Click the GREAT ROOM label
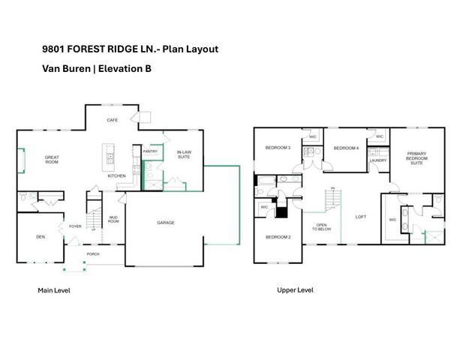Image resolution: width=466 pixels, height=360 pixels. (51, 160)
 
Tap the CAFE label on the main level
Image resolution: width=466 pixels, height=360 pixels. (113, 120)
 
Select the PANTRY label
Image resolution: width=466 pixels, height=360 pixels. (149, 151)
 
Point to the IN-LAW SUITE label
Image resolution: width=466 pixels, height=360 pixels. (184, 156)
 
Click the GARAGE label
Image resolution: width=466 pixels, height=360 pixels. (166, 223)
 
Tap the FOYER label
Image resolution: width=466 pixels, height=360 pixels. (76, 226)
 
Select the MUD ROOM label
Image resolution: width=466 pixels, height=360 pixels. (113, 220)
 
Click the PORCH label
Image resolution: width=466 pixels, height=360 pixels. (93, 253)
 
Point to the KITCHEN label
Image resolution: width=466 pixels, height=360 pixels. (116, 175)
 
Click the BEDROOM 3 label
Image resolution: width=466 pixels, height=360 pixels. (278, 147)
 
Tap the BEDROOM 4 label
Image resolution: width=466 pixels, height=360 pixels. (346, 148)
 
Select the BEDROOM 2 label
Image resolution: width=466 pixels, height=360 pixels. (278, 237)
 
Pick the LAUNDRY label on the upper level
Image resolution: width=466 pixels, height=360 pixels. (378, 160)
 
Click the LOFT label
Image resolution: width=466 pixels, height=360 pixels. (360, 217)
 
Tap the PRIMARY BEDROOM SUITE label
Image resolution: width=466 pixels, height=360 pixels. (417, 159)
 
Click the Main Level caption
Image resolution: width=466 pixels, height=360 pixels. (54, 289)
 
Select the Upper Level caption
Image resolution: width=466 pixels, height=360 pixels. (296, 289)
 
